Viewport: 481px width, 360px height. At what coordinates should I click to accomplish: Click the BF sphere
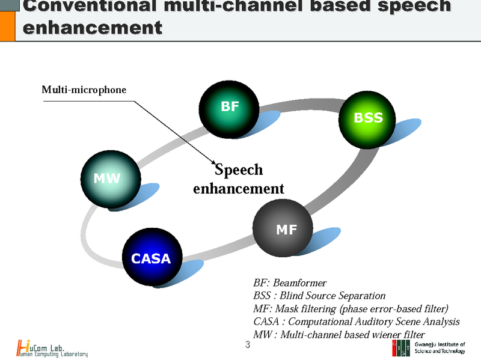click(x=229, y=108)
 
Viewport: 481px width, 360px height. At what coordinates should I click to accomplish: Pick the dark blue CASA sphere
click(x=152, y=259)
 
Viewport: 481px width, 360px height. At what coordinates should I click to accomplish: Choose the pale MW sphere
click(x=108, y=178)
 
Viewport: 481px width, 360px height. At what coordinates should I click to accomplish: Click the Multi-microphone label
click(x=84, y=90)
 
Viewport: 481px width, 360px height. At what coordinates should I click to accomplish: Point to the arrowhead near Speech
click(x=213, y=163)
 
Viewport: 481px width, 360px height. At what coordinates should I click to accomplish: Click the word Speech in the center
click(x=239, y=171)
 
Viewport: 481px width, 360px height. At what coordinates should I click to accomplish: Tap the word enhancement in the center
click(x=238, y=188)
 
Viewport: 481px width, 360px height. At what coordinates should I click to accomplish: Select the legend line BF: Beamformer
click(x=290, y=282)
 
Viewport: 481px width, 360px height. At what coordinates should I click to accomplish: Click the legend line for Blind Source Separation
click(x=319, y=296)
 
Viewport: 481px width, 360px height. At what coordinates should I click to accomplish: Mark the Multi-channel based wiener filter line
click(x=339, y=335)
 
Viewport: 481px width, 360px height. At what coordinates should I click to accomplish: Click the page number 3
click(x=248, y=345)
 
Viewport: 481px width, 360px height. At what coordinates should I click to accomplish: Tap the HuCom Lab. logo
click(x=52, y=348)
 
